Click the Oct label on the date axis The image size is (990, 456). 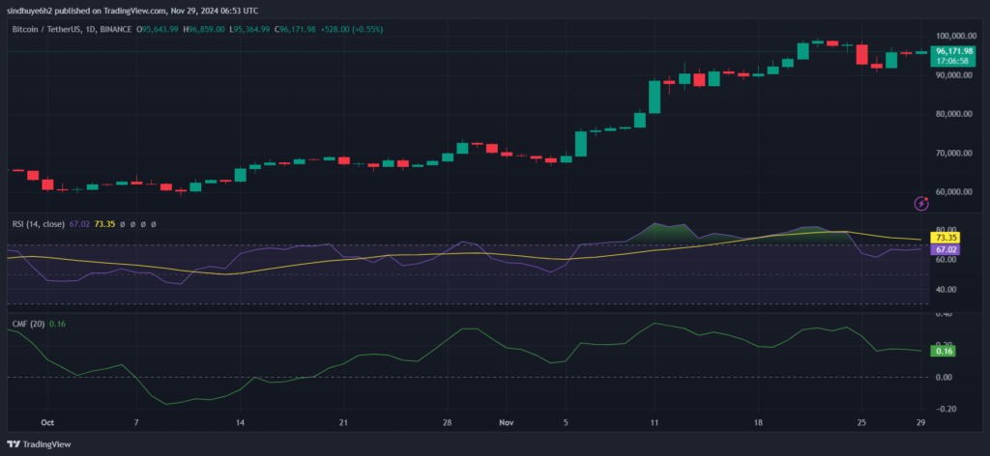(48, 423)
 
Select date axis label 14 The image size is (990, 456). (240, 423)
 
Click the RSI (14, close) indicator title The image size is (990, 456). (39, 224)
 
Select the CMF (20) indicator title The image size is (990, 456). (30, 324)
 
